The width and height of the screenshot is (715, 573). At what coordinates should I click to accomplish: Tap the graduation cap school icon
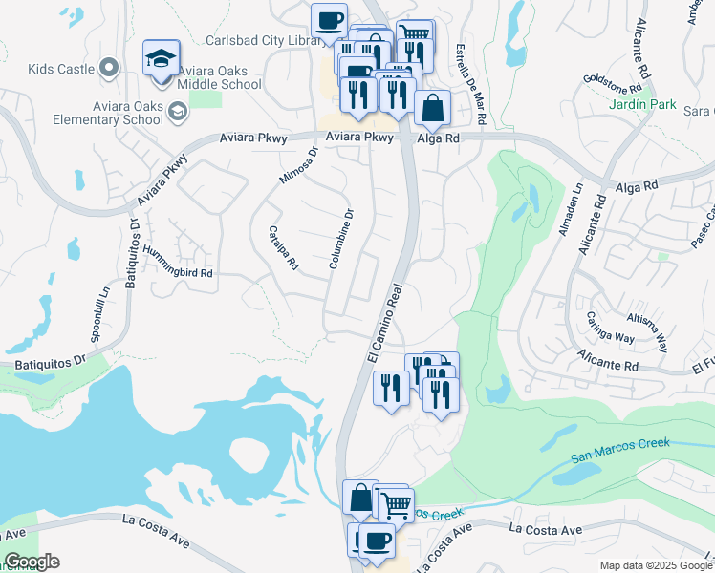pos(162,59)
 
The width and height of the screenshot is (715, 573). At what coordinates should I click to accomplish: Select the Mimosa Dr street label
pos(298,165)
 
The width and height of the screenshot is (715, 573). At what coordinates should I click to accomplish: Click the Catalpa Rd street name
pos(284,248)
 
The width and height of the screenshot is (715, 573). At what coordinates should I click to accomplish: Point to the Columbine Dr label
pos(341,238)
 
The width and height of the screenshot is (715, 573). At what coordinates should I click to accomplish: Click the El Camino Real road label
pos(386,320)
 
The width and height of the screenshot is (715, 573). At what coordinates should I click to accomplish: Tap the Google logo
pos(32,561)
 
